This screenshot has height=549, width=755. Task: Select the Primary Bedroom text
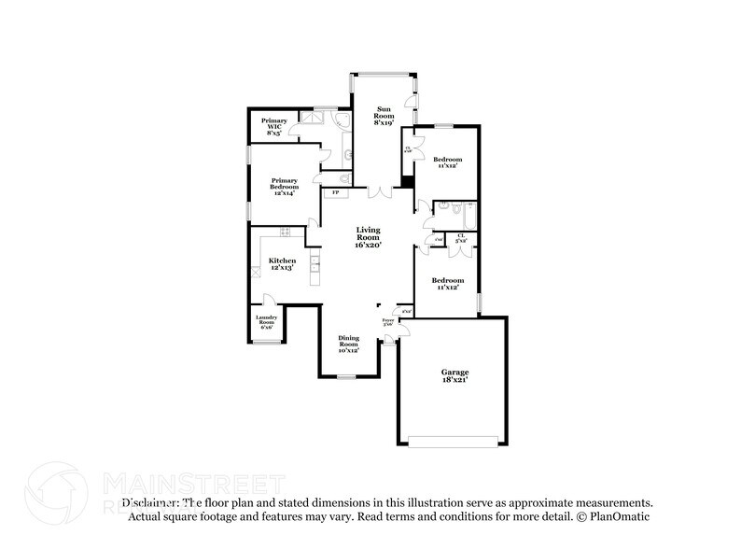(x=284, y=185)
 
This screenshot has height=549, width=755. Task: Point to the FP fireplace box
(x=334, y=193)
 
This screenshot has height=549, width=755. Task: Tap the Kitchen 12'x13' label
(x=282, y=263)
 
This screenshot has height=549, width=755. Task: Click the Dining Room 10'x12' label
(x=347, y=344)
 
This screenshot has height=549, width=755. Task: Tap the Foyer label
(x=388, y=322)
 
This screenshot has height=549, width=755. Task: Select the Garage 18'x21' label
(x=454, y=375)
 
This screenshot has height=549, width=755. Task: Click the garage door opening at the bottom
(x=454, y=441)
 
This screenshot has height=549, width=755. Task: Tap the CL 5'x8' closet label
(x=461, y=238)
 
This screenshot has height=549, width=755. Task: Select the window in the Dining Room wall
(x=346, y=376)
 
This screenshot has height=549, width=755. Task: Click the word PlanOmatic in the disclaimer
(x=620, y=515)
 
